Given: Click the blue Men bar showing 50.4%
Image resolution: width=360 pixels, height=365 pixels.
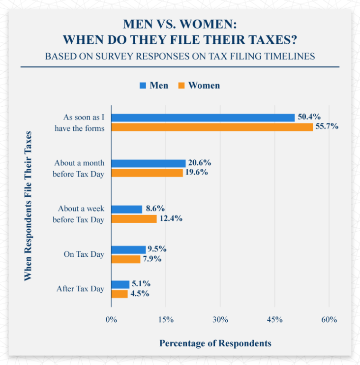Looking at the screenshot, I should pyautogui.click(x=203, y=118).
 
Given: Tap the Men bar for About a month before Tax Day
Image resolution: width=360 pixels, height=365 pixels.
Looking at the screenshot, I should pyautogui.click(x=149, y=163).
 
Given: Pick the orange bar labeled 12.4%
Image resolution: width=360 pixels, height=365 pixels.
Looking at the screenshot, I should pyautogui.click(x=134, y=218).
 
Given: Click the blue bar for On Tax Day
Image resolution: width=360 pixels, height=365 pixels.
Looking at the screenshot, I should pyautogui.click(x=129, y=249).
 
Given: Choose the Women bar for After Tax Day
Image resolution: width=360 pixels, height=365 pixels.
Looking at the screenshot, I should pyautogui.click(x=120, y=294).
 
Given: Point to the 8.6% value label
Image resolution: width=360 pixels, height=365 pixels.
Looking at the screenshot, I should pyautogui.click(x=155, y=209).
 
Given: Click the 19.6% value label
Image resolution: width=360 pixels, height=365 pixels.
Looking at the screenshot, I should pyautogui.click(x=196, y=173).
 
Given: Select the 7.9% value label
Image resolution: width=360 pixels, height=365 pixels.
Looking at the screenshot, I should pyautogui.click(x=153, y=259).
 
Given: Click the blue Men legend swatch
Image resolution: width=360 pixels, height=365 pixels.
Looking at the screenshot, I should pyautogui.click(x=143, y=86).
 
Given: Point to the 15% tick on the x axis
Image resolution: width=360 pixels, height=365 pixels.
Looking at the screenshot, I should pyautogui.click(x=166, y=319).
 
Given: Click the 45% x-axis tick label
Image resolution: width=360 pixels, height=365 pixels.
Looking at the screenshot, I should pyautogui.click(x=275, y=319).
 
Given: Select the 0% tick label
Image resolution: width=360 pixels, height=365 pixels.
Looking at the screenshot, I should pyautogui.click(x=112, y=319).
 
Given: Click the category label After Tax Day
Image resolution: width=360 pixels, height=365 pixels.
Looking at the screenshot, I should pyautogui.click(x=80, y=289).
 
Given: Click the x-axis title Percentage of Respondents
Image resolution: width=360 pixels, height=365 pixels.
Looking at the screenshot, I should pyautogui.click(x=215, y=343).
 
